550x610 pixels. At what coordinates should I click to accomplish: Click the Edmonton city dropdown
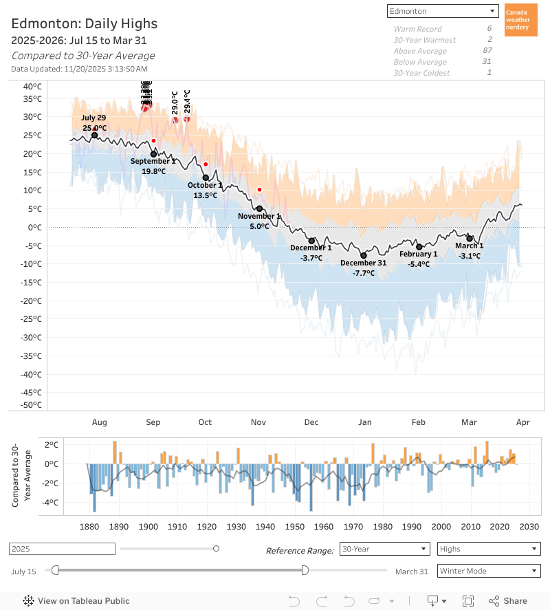coord(443,11)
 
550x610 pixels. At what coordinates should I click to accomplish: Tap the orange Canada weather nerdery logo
coord(520,20)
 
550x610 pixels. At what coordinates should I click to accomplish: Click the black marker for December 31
coord(364,255)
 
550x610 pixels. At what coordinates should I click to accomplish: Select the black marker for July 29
coord(94,135)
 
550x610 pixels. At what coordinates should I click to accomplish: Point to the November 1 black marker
coord(259,208)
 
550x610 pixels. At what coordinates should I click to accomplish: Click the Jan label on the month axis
coord(364,422)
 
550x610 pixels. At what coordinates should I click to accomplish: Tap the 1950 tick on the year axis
coord(294,526)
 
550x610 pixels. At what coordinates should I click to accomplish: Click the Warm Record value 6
coord(489,29)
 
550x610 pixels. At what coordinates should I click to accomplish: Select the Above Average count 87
coord(487,51)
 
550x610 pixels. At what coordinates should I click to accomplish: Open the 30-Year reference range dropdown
coord(385,549)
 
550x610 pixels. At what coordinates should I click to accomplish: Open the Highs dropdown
coord(488,549)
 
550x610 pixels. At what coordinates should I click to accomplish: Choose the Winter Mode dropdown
coord(488,571)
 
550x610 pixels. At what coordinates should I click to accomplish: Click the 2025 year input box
coord(62,549)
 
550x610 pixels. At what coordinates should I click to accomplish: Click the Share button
coord(508,600)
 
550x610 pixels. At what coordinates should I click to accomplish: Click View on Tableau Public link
coord(76,600)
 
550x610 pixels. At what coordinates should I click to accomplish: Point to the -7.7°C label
coord(364,273)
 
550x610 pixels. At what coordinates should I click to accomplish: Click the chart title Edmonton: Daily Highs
coord(84,24)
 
